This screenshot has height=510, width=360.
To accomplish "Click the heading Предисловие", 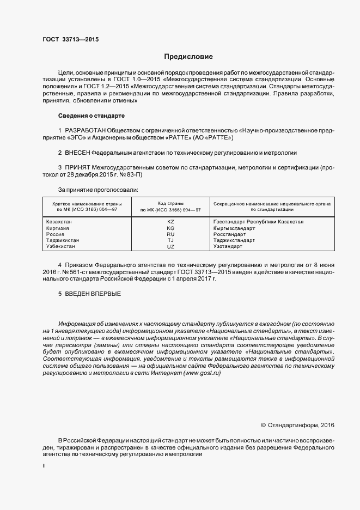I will pos(188,56).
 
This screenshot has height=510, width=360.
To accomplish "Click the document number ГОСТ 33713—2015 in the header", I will pos(71,39).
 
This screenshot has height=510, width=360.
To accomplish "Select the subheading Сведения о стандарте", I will pos(91,116).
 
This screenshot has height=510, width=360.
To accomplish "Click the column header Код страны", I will pos(170,203).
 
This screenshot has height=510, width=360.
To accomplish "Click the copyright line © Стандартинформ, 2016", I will pos(297,424).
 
